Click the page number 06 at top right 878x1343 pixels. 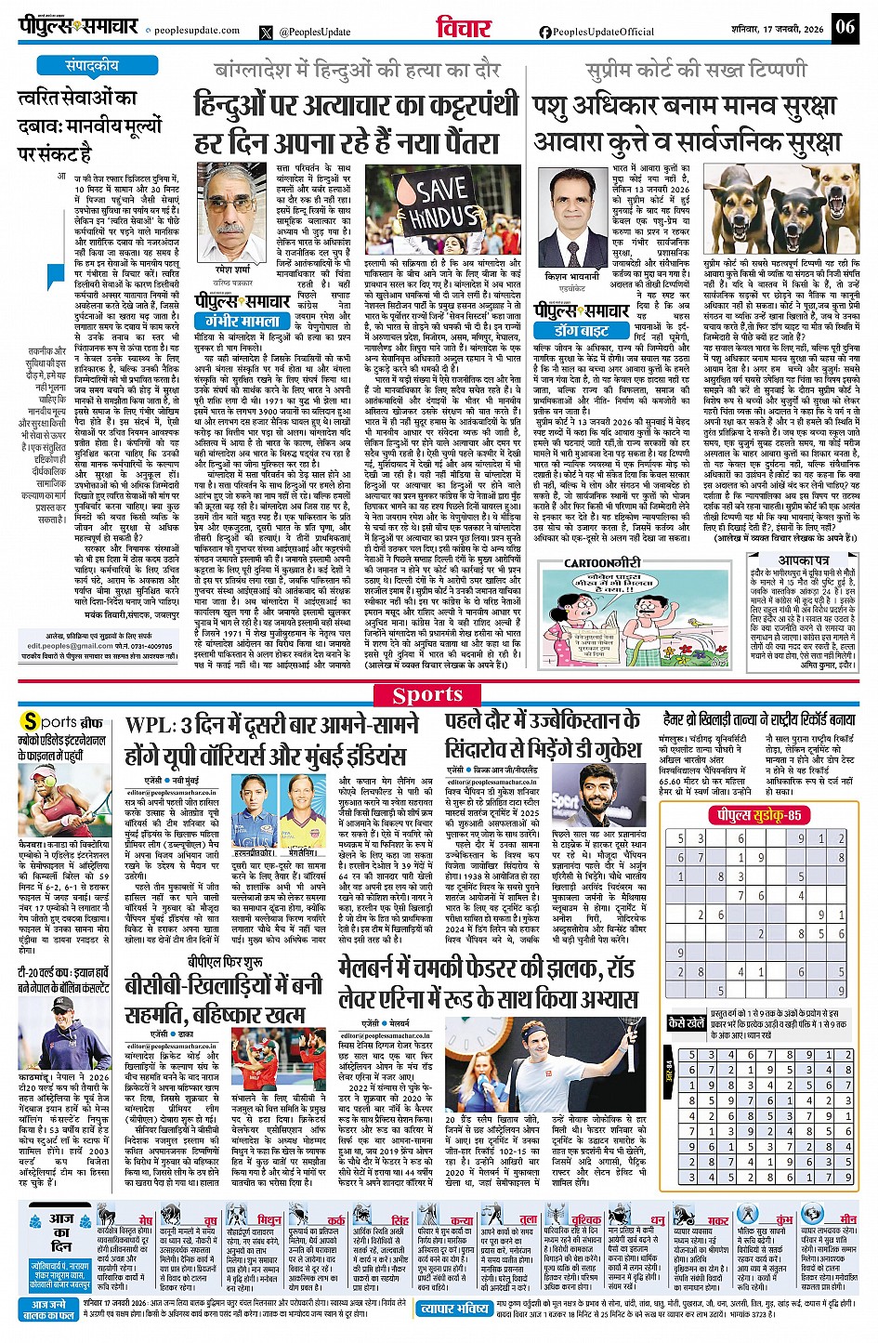pyautogui.click(x=845, y=27)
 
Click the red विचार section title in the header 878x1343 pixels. pyautogui.click(x=464, y=29)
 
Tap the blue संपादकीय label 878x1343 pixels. pyautogui.click(x=92, y=66)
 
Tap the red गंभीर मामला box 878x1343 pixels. pyautogui.click(x=242, y=320)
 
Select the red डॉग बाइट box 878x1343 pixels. pyautogui.click(x=582, y=330)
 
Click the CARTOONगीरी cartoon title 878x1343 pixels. pyautogui.click(x=602, y=562)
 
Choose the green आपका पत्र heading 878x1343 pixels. pyautogui.click(x=804, y=560)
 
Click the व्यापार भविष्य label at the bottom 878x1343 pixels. pyautogui.click(x=452, y=1309)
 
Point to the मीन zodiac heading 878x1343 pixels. pyautogui.click(x=848, y=1218)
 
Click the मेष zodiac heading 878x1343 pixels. pyautogui.click(x=146, y=1218)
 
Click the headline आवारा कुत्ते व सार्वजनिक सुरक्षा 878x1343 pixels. pyautogui.click(x=686, y=143)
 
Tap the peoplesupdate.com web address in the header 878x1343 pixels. pyautogui.click(x=196, y=30)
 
